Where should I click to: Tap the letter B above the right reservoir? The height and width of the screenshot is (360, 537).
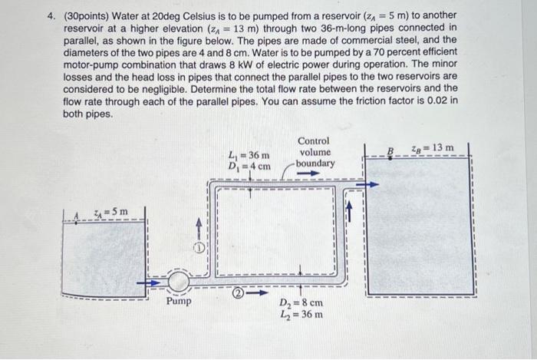(389, 150)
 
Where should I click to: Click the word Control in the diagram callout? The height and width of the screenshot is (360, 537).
(314, 141)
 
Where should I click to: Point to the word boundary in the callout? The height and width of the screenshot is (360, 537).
(315, 163)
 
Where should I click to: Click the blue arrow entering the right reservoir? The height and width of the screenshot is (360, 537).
(371, 183)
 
